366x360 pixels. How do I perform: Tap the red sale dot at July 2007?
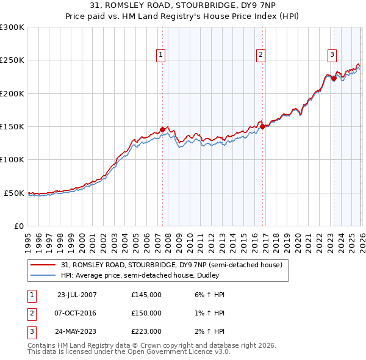(x=163, y=129)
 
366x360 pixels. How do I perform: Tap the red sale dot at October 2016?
(x=262, y=127)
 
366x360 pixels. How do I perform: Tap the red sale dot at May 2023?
(x=334, y=78)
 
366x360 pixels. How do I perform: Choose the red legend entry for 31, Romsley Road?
(x=171, y=265)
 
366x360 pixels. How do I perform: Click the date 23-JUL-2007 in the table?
(x=77, y=295)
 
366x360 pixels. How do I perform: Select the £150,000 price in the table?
(x=146, y=313)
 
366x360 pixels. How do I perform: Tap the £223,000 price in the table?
(x=146, y=332)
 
